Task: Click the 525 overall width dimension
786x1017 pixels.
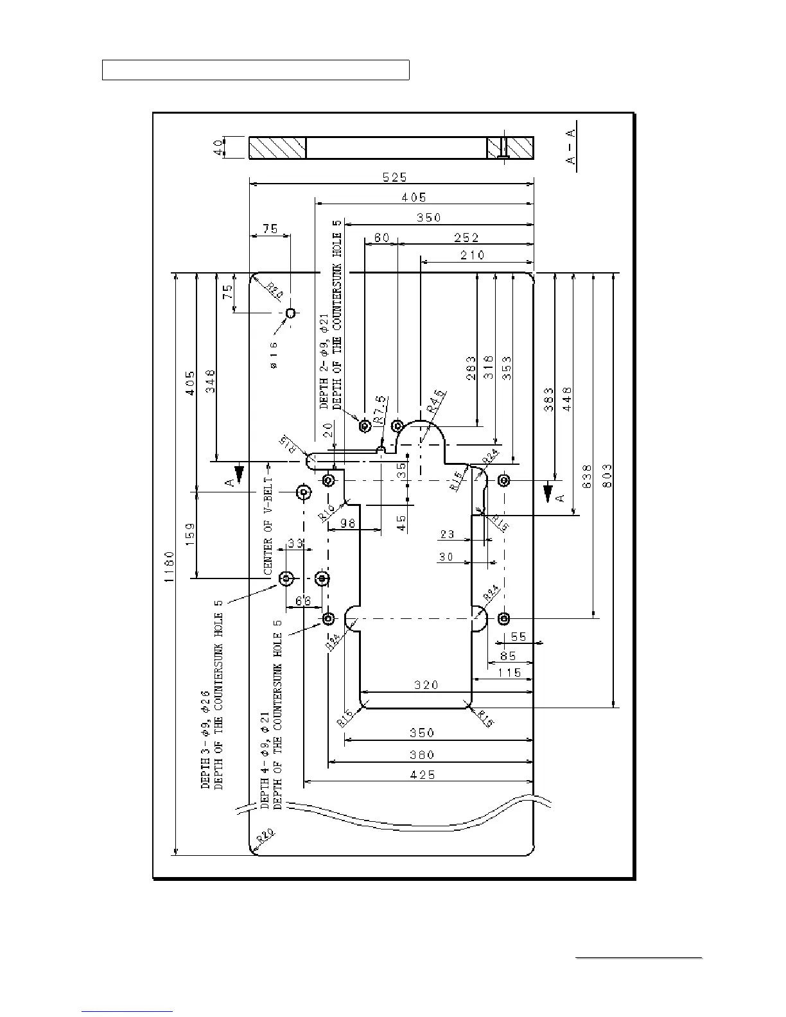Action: coord(394,177)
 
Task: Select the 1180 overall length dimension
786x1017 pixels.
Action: coord(169,566)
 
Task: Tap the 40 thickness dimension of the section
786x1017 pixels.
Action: coord(219,147)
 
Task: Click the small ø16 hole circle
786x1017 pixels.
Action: coord(290,313)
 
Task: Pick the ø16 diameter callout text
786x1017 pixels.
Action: coord(274,354)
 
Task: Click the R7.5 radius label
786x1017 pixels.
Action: coord(381,409)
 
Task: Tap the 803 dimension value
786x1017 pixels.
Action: coord(608,476)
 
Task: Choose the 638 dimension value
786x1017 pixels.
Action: coord(587,476)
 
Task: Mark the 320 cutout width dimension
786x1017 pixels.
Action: coord(425,685)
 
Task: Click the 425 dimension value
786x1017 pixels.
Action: coord(422,775)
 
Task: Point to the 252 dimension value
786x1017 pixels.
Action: coord(466,238)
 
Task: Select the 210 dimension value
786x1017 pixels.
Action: coord(472,255)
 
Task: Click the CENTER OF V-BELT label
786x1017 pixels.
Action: coord(268,525)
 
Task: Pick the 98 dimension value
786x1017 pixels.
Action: coord(347,523)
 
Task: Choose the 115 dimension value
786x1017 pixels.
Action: coord(509,673)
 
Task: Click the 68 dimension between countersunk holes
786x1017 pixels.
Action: coord(302,601)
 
